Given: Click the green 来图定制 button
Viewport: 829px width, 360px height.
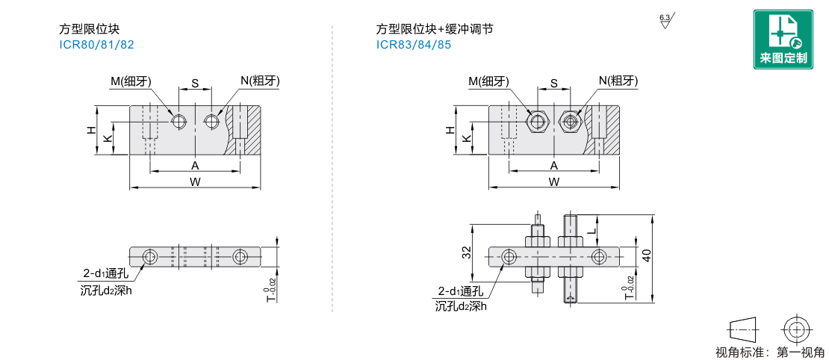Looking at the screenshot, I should click(x=783, y=40).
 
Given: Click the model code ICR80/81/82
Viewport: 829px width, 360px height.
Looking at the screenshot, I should click(x=96, y=44).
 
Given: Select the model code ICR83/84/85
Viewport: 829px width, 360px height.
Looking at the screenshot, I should click(x=413, y=44).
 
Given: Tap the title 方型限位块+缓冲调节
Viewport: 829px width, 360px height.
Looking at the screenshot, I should click(x=434, y=30).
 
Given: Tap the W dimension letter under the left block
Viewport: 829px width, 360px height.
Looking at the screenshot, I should click(x=195, y=181).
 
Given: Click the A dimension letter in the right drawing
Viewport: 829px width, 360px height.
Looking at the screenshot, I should click(x=554, y=165).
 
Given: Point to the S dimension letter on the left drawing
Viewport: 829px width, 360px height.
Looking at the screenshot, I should click(x=195, y=84).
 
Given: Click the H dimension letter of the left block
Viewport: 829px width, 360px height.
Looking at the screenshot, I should click(x=91, y=129).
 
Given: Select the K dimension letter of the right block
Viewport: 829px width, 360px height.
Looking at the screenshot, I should click(x=467, y=139).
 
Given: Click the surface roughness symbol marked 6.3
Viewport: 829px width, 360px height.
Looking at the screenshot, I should click(x=665, y=21).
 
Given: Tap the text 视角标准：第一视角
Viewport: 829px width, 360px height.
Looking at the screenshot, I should click(x=769, y=353).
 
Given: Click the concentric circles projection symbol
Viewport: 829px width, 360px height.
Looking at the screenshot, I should click(x=796, y=329).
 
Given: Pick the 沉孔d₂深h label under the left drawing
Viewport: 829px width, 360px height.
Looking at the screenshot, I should click(x=105, y=290).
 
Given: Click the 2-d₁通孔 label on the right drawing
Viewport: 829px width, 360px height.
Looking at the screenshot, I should click(x=462, y=291).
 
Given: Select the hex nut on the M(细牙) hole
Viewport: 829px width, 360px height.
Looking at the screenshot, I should click(x=537, y=120).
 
